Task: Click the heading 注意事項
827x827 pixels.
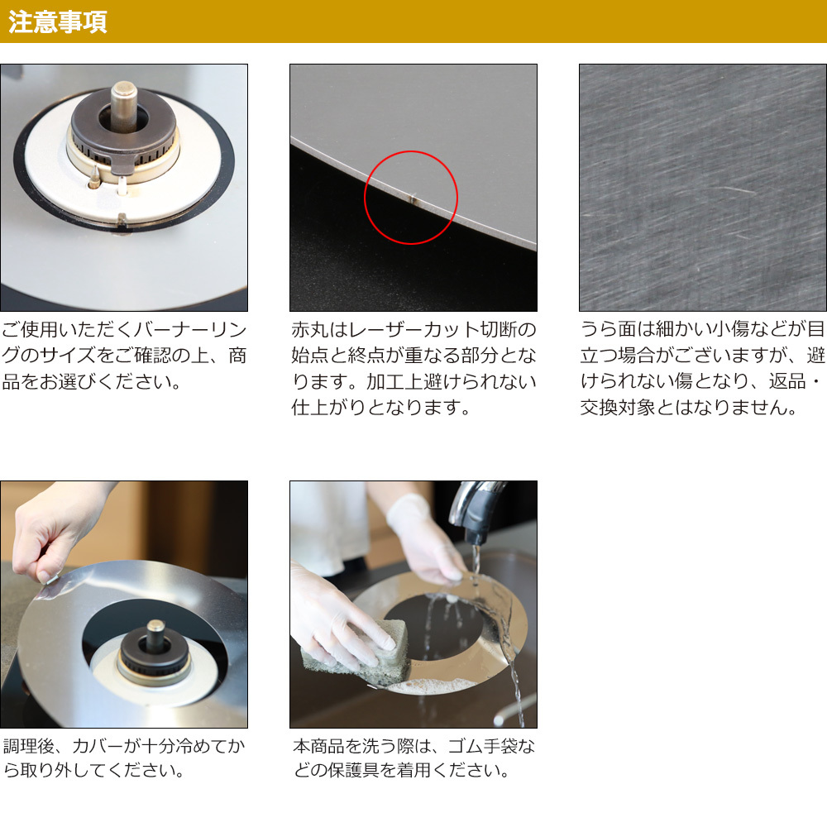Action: [x=58, y=22]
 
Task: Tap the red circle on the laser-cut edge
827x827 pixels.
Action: [x=365, y=198]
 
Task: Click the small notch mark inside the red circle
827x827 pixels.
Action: [x=413, y=198]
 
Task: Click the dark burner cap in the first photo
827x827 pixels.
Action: [x=124, y=128]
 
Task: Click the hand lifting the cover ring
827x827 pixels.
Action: [x=58, y=533]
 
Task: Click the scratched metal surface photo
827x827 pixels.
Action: [x=702, y=188]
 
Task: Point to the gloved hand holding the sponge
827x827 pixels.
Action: [x=337, y=612]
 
